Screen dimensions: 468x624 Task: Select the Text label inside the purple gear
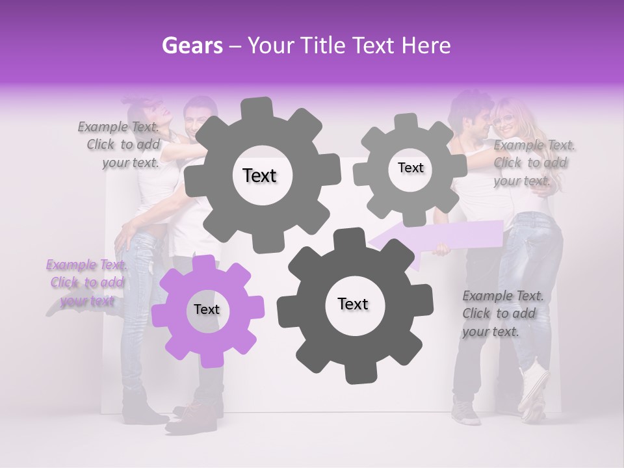207,310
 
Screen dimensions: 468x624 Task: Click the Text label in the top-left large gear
259,175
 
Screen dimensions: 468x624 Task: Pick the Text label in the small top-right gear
410,168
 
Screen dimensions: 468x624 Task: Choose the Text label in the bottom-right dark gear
353,304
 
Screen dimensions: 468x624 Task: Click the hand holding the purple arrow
443,249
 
